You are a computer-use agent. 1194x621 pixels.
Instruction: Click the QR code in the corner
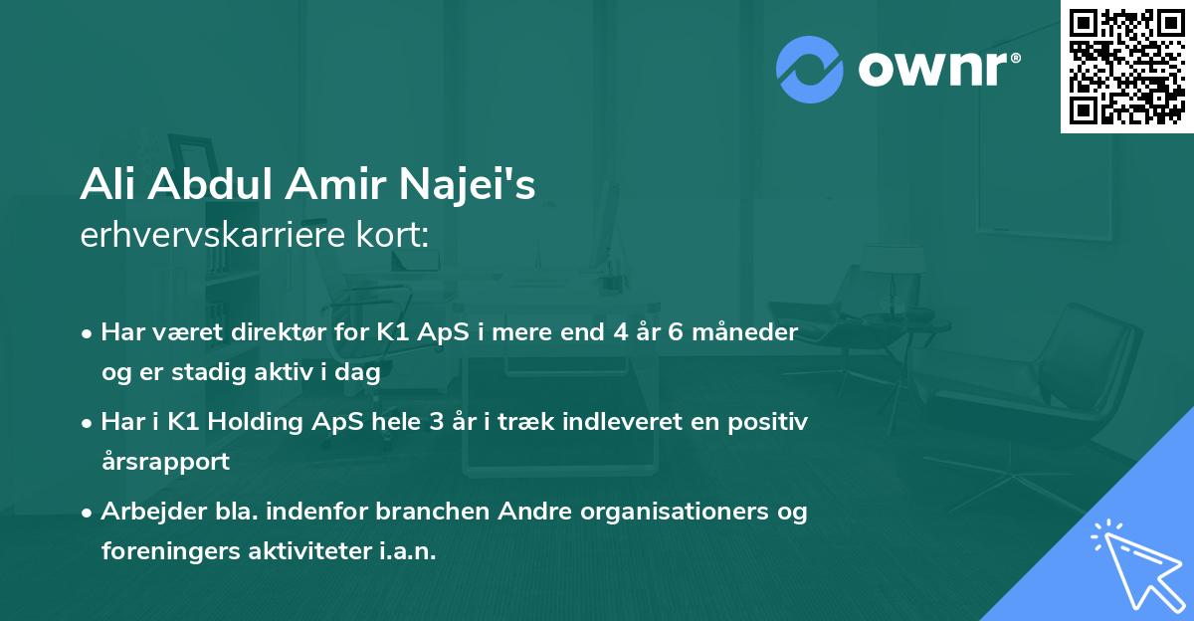[x=1126, y=67]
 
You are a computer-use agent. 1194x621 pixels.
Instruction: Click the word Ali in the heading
[x=106, y=185]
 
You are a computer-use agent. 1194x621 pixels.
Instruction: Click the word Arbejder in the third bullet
[x=145, y=512]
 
